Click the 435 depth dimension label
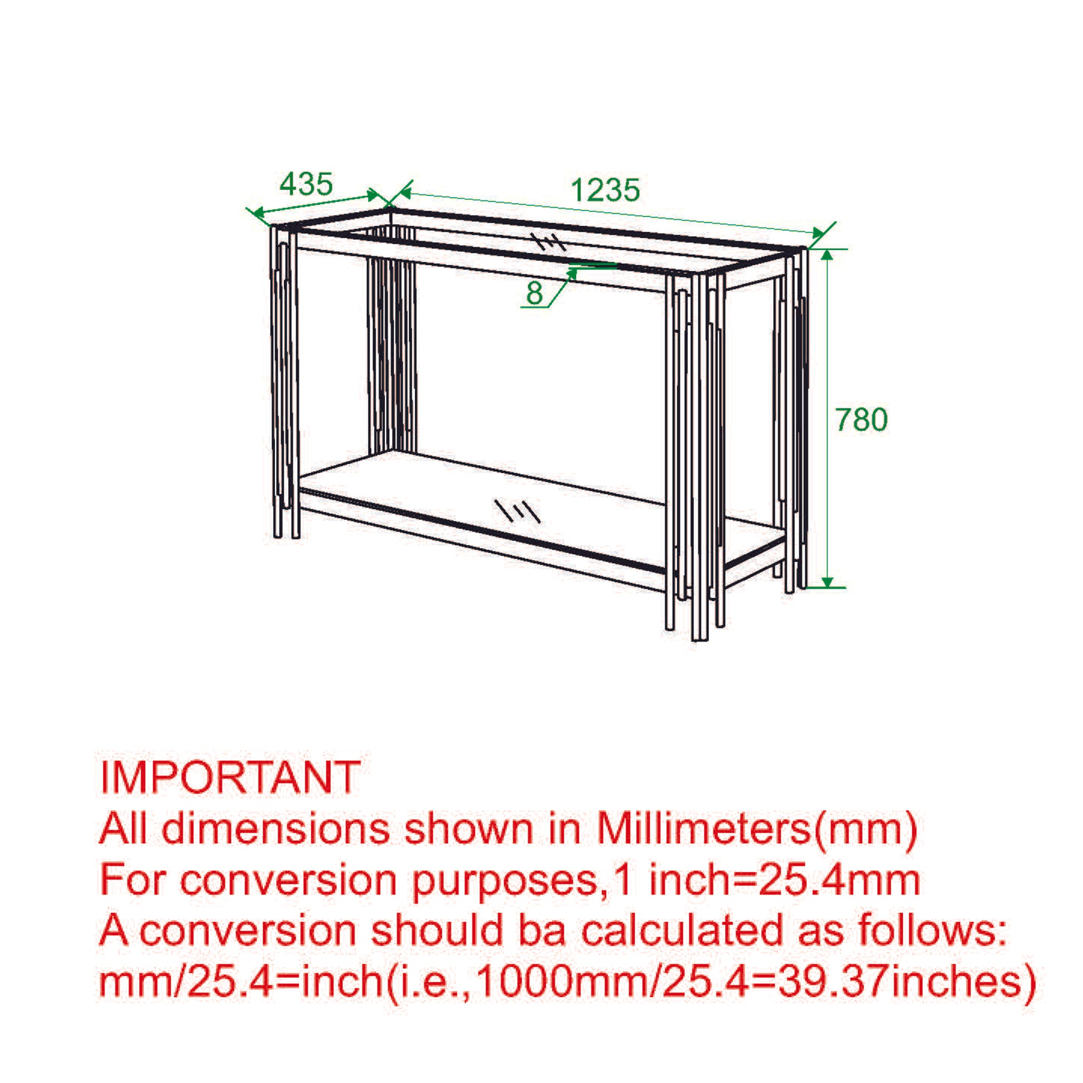(306, 184)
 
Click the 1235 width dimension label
(605, 190)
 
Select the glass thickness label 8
(534, 292)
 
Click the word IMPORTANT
(230, 777)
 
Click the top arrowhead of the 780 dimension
(827, 256)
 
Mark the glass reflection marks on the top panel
(549, 242)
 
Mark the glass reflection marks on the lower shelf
(517, 510)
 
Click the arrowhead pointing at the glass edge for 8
(572, 273)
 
